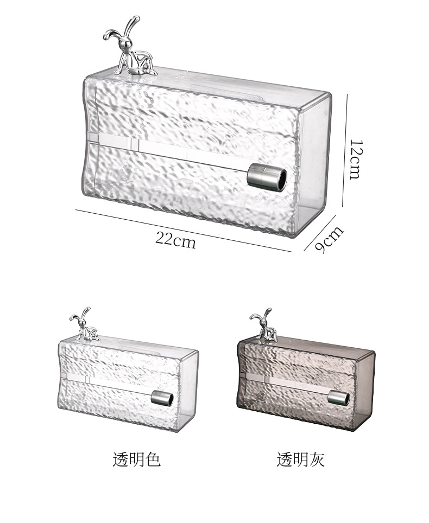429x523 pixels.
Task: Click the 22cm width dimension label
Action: coord(175,239)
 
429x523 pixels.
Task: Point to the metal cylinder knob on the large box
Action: coord(267,178)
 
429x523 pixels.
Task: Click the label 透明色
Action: coord(136,460)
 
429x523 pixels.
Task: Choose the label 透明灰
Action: coord(300,460)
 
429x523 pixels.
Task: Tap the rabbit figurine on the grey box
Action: coord(264,326)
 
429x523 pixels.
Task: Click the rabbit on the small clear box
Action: coord(84,326)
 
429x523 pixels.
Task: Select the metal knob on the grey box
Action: coord(338,398)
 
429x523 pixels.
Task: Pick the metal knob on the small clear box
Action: coord(162,398)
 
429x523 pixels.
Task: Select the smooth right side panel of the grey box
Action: coord(364,388)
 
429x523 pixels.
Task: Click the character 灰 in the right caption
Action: coord(317,460)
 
